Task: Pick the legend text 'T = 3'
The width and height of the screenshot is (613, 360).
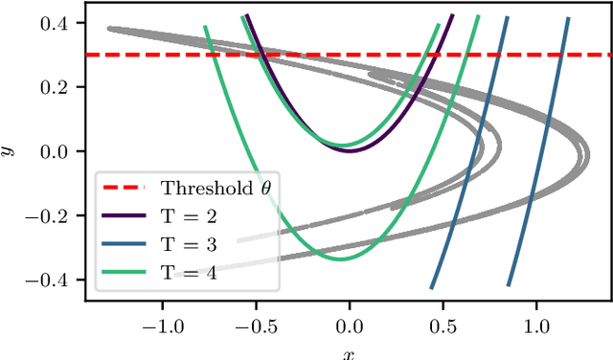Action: click(189, 244)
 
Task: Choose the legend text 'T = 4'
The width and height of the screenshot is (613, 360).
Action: click(189, 273)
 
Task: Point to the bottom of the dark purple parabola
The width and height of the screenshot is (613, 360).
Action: click(350, 150)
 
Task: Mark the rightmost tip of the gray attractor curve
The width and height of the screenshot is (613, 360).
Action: click(588, 153)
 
